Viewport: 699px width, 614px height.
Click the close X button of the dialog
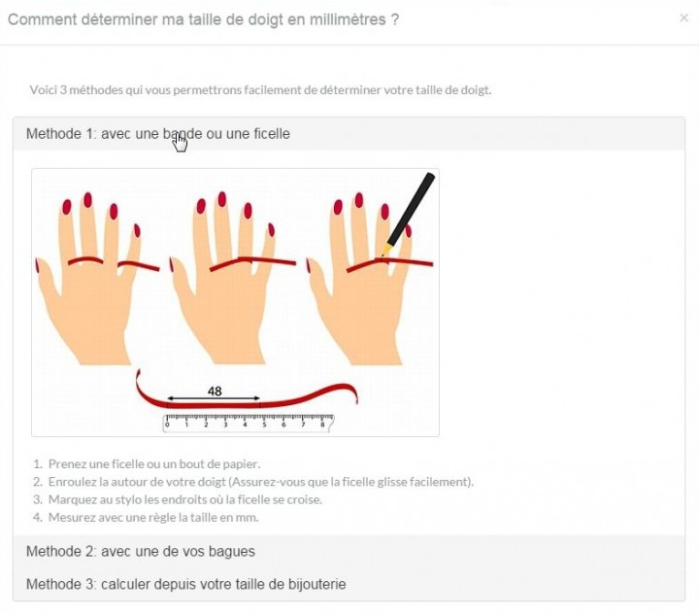pos(683,17)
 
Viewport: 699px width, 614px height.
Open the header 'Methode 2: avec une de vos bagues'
pos(141,552)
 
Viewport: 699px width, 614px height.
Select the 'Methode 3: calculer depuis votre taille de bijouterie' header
pos(185,584)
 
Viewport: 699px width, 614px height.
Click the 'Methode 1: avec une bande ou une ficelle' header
pos(158,133)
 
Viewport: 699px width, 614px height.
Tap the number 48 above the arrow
pos(215,391)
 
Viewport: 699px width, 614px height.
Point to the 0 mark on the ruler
pos(167,425)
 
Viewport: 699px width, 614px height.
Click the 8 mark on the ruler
pos(322,425)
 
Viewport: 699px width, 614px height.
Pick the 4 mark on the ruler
pos(245,425)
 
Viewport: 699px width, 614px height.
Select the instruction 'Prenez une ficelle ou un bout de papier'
pos(154,464)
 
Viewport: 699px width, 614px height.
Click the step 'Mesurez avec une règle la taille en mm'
pos(153,518)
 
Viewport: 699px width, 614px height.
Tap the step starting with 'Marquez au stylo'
pos(185,499)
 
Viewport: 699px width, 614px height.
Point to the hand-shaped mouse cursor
pos(181,143)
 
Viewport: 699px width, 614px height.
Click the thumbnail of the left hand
pos(37,266)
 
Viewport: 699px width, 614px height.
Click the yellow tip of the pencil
pos(384,250)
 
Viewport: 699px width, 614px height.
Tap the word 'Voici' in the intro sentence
pos(43,90)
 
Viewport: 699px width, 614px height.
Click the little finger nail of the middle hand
pos(271,230)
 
